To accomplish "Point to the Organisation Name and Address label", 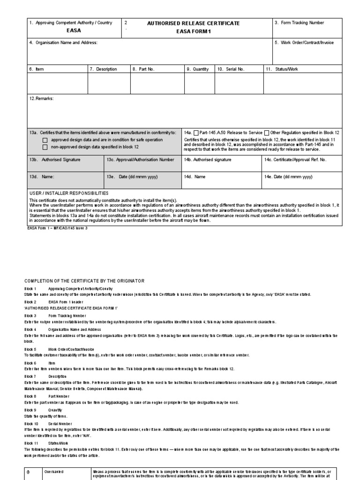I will [63, 43].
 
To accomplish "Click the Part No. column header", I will [143, 69].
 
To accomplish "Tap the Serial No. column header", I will [231, 69].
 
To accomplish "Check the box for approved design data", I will [45, 140].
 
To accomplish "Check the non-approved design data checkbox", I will [45, 147].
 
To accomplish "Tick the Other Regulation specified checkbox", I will [267, 133].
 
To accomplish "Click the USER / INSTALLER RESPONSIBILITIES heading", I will [69, 193].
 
